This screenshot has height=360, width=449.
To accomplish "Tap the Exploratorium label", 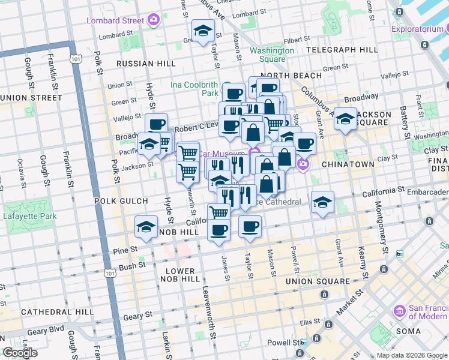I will (x=420, y=28).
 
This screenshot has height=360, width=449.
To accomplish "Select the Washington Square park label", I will (x=272, y=55).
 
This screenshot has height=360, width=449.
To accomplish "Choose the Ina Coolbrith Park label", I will (x=194, y=89).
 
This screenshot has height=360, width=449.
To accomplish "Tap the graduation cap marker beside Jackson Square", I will (x=345, y=118).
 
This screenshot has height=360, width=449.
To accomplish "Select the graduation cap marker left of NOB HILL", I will (x=146, y=226).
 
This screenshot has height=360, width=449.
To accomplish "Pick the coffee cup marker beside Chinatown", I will (x=304, y=143).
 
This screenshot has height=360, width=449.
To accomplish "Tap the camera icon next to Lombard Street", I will (x=153, y=20).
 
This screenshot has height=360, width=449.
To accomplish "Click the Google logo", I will (x=20, y=353).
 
